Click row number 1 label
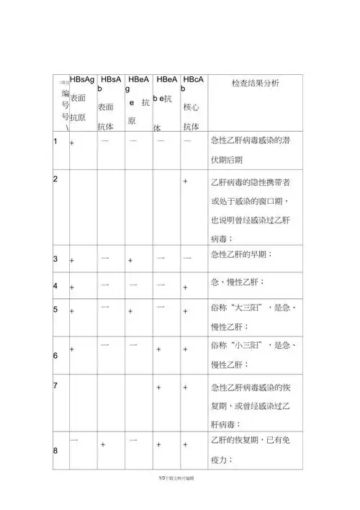[55, 141]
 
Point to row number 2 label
[55, 178]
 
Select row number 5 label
[55, 310]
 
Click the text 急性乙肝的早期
[240, 255]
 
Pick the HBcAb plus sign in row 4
[186, 287]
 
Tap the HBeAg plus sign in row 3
[130, 259]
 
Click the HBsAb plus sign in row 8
[103, 446]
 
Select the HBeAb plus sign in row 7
[158, 388]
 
